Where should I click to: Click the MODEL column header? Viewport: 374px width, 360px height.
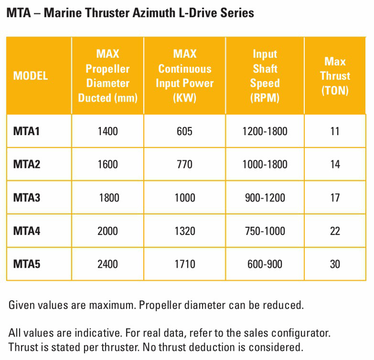[31, 76]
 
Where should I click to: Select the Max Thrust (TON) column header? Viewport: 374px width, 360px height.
[335, 76]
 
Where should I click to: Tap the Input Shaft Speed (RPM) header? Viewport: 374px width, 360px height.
[265, 76]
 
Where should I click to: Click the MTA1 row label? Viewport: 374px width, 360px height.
[27, 131]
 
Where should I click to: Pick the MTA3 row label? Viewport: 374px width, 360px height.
[27, 197]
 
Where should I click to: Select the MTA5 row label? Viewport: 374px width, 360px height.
[27, 264]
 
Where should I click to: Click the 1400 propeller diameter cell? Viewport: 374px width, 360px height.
[107, 131]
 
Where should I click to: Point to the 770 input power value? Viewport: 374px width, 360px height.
[184, 164]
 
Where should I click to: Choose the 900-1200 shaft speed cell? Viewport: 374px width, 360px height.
[265, 197]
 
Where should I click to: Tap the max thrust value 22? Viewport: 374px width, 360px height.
[335, 231]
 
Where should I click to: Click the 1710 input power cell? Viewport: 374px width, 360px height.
[184, 264]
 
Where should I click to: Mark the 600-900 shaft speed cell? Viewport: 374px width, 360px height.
[265, 264]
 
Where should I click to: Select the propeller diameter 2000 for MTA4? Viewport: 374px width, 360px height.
[107, 231]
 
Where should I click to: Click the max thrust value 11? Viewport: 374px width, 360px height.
[335, 131]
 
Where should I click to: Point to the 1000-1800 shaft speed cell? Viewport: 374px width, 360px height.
[265, 164]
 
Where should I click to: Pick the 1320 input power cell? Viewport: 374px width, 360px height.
[184, 231]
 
